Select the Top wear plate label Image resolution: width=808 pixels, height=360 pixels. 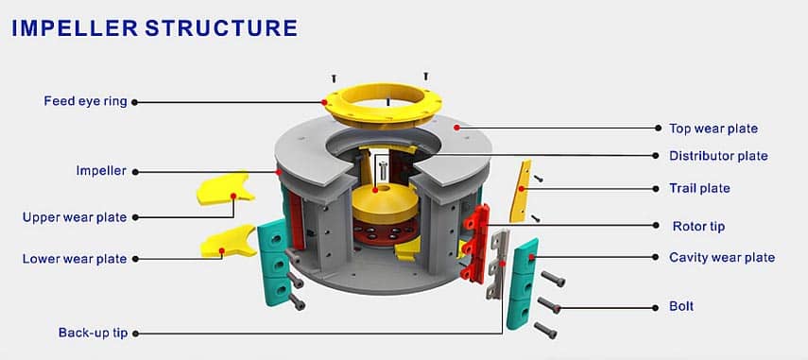pyautogui.click(x=713, y=128)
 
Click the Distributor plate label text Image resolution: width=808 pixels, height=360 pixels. pyautogui.click(x=718, y=155)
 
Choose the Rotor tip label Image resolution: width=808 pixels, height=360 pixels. pyautogui.click(x=697, y=226)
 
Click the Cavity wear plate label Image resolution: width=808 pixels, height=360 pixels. pyautogui.click(x=721, y=257)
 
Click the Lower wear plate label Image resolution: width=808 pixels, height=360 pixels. pyautogui.click(x=75, y=258)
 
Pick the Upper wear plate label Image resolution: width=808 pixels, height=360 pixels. pyautogui.click(x=75, y=217)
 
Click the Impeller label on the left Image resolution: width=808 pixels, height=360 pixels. pyautogui.click(x=101, y=171)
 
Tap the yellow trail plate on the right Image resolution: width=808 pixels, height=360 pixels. pyautogui.click(x=520, y=191)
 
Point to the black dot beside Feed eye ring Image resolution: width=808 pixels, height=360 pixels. pyautogui.click(x=136, y=101)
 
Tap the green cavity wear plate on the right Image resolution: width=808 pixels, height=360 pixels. pyautogui.click(x=522, y=283)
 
